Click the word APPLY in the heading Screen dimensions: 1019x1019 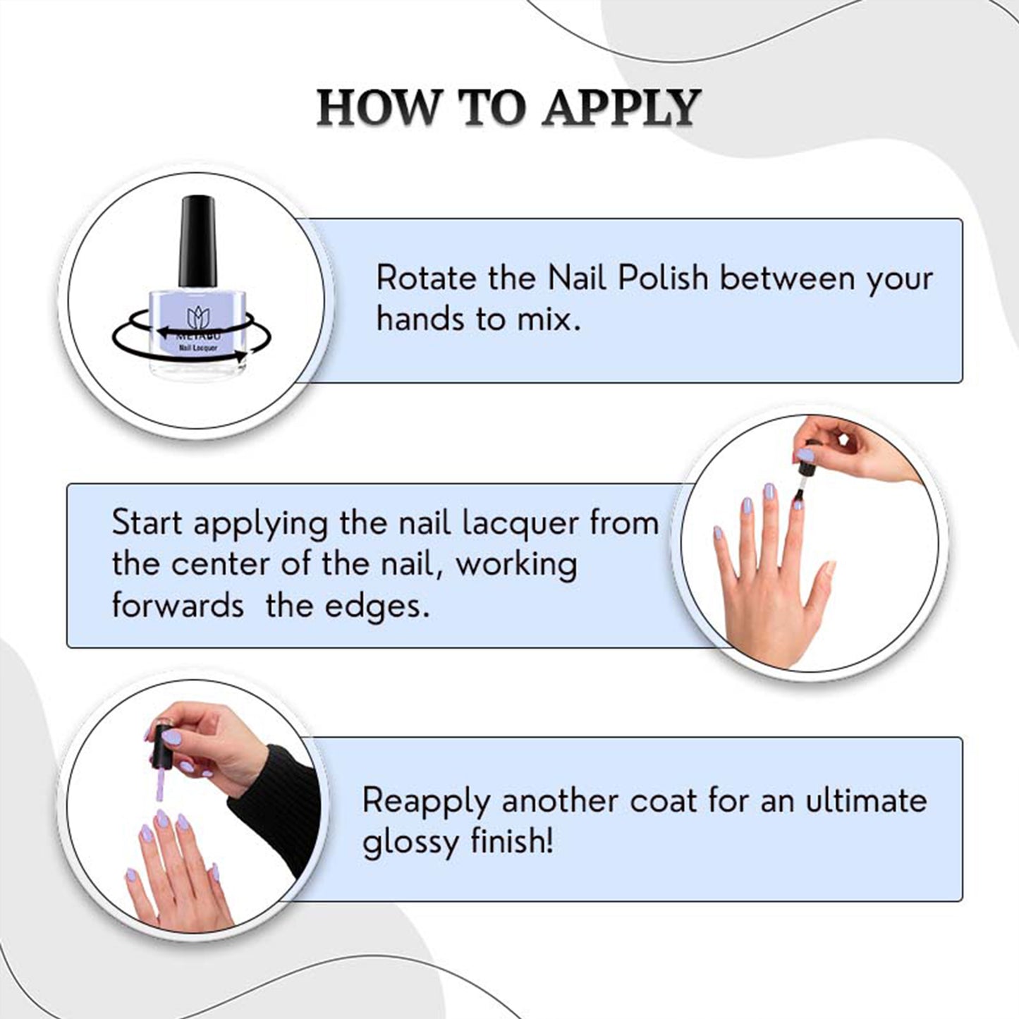point(622,108)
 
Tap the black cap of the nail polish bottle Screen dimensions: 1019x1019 point(197,241)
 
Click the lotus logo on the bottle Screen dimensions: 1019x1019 point(199,317)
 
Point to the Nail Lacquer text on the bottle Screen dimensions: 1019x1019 point(198,348)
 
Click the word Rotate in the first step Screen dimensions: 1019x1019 point(426,278)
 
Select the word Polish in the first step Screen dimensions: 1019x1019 point(663,278)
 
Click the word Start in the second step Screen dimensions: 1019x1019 point(147,523)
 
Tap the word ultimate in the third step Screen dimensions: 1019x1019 point(866,800)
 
